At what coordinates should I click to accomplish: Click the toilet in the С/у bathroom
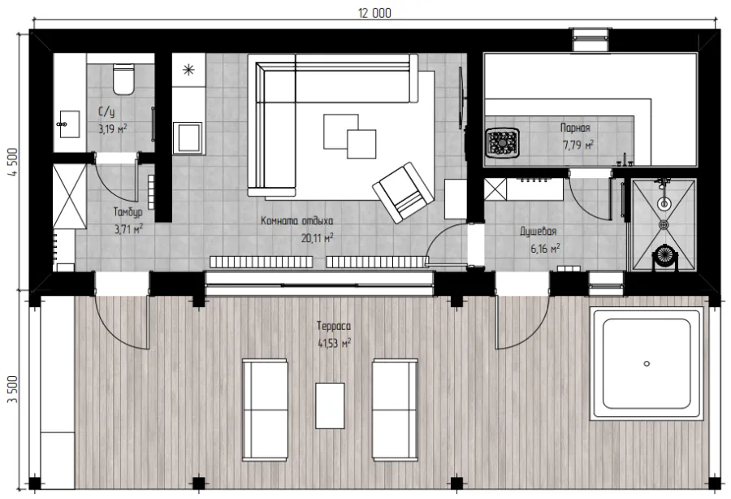coord(123,79)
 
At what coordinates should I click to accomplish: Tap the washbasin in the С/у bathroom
coord(70,124)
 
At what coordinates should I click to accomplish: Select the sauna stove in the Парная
coord(502,142)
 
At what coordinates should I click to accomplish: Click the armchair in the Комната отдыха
coord(403,192)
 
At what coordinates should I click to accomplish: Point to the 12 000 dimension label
coord(374,13)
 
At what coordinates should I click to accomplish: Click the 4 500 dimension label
coord(13,162)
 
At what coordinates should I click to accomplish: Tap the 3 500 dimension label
coord(13,389)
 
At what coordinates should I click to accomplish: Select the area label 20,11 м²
coord(317,238)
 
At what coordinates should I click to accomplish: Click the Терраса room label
coord(333,326)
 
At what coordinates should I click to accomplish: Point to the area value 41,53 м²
coord(335,343)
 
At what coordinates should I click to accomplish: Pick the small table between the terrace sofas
coord(330,406)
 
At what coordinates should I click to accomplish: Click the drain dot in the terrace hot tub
coord(647,363)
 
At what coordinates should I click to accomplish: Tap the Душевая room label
coord(538,232)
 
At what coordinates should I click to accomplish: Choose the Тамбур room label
coord(128,212)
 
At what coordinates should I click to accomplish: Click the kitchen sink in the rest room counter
coord(188,138)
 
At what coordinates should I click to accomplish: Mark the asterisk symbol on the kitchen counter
coord(188,71)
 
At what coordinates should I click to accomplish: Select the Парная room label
coord(575,128)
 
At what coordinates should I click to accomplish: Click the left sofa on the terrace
coord(265,410)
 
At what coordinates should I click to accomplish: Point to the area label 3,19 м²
coord(112,128)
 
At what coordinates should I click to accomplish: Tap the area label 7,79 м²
coord(578,145)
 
